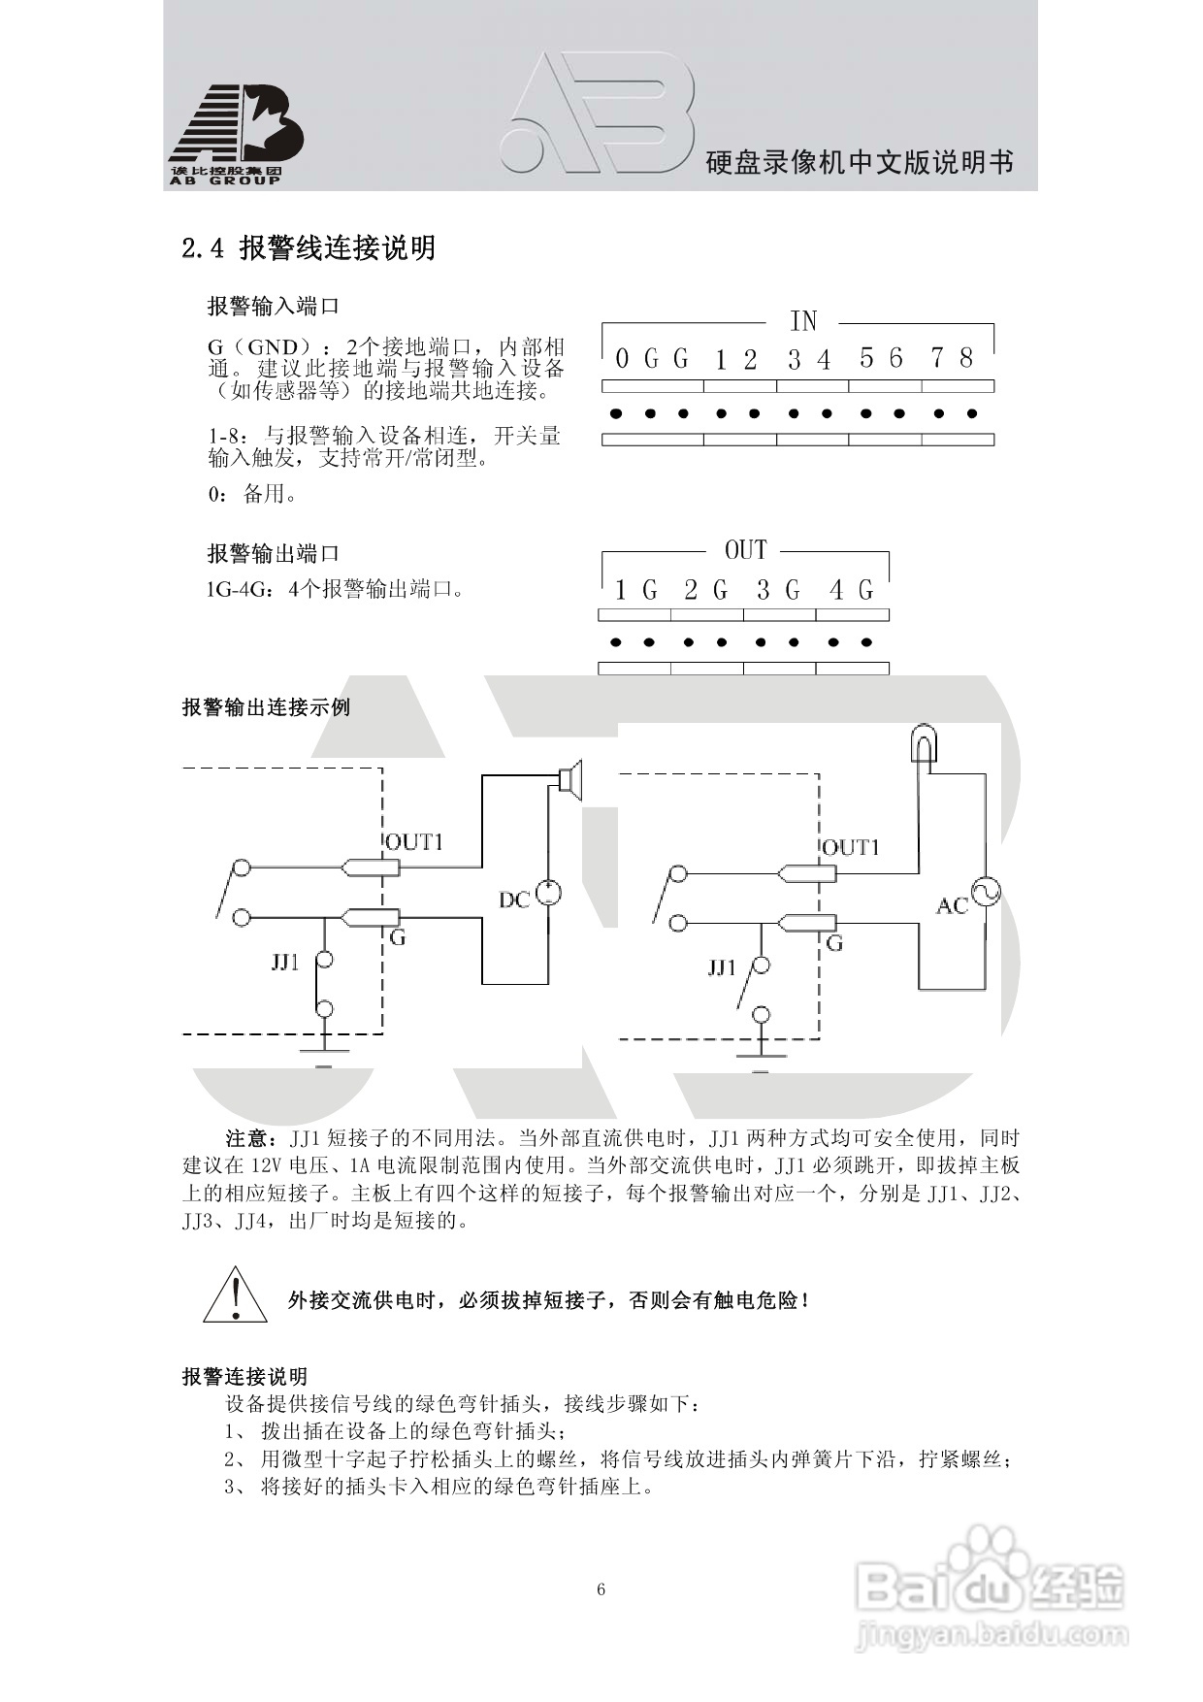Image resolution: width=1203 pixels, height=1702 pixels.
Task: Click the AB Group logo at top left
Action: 236,134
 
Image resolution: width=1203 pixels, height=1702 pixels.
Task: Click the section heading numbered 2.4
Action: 309,248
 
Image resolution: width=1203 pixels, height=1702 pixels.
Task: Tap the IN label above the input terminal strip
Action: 802,321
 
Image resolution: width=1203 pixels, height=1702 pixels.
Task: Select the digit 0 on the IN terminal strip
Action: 622,360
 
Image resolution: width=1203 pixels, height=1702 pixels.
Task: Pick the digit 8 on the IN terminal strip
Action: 966,359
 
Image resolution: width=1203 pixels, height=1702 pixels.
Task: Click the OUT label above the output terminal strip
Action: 745,551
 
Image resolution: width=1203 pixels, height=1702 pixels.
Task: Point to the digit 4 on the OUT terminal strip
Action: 836,590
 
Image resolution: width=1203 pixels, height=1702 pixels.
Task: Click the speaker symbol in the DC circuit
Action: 569,778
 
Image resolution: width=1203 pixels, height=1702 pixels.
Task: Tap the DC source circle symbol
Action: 549,893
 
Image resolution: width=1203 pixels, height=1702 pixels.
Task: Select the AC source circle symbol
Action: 987,892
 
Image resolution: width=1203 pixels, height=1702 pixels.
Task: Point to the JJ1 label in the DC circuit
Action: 285,963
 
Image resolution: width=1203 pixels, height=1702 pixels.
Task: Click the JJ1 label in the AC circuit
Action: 722,967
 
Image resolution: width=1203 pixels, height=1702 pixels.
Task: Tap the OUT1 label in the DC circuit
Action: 414,842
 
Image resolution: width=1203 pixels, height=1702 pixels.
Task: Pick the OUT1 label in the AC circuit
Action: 851,848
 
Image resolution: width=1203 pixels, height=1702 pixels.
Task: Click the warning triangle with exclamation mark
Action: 235,1295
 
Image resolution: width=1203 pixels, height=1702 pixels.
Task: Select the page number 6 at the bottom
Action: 601,1589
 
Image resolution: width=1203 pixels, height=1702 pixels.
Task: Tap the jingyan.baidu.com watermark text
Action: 990,1636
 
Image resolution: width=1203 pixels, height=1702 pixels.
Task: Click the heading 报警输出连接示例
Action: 266,707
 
